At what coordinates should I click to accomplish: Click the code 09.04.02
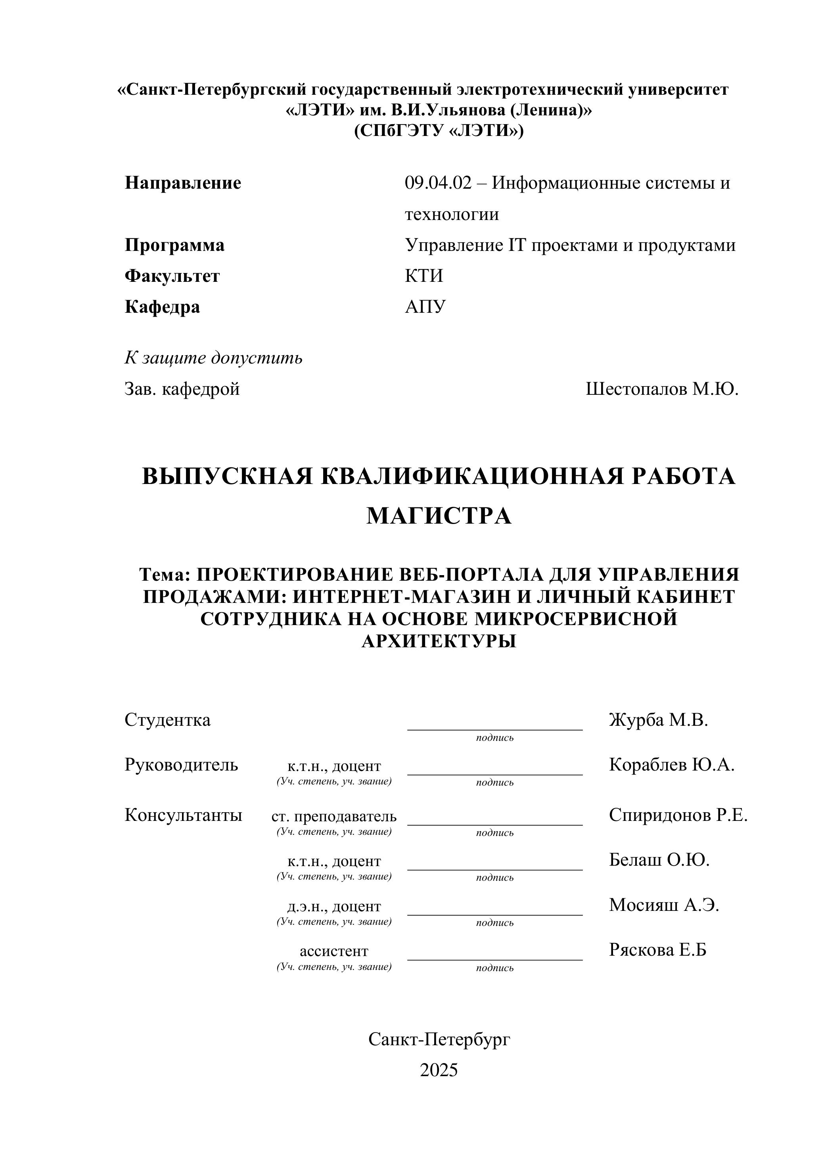(x=438, y=183)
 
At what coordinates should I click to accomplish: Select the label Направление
(x=183, y=183)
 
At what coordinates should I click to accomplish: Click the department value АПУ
(x=425, y=306)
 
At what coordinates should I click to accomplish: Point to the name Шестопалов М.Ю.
(x=662, y=389)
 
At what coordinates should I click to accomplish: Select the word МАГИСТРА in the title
(x=439, y=516)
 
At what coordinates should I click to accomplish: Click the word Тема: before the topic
(x=164, y=574)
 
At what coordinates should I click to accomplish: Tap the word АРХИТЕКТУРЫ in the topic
(x=439, y=641)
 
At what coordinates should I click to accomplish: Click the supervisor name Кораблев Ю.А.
(x=672, y=764)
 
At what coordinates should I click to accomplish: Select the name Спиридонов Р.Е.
(x=678, y=814)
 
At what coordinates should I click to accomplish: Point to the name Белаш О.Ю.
(x=659, y=859)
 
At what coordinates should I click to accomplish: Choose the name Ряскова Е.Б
(x=657, y=949)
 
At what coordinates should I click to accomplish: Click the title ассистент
(x=334, y=951)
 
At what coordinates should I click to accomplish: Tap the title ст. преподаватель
(x=334, y=816)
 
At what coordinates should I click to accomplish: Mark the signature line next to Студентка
(x=495, y=729)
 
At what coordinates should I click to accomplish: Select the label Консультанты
(x=183, y=814)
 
